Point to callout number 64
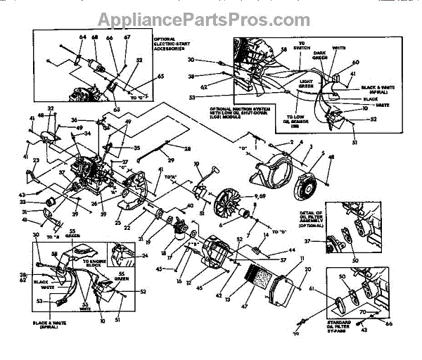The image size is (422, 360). pos(82,37)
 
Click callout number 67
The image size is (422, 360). pos(127,37)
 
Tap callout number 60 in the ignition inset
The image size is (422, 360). pos(356,62)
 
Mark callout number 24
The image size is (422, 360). pos(144,255)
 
